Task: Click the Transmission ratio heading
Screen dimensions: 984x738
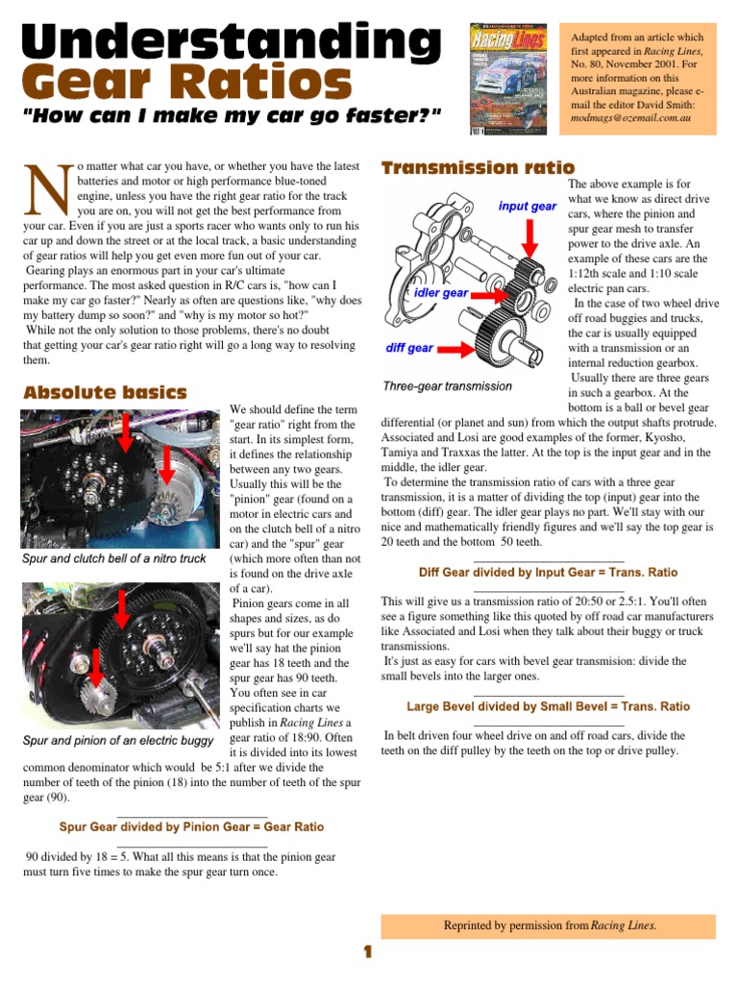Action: click(x=478, y=168)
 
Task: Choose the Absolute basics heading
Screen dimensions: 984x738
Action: click(x=105, y=392)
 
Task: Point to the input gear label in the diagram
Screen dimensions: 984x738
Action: click(x=527, y=207)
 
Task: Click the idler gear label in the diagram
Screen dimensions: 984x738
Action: click(x=441, y=292)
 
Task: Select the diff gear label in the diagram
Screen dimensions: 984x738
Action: click(x=408, y=348)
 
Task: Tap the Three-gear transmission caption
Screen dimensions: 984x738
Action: click(x=447, y=386)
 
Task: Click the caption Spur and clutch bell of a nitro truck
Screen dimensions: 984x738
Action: click(x=113, y=558)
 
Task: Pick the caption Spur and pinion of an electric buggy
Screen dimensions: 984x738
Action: click(x=117, y=740)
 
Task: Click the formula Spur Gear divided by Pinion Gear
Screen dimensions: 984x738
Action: click(x=191, y=826)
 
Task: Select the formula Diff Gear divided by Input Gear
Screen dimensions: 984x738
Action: click(x=549, y=573)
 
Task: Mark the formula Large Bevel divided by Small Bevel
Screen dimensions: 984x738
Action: click(x=548, y=706)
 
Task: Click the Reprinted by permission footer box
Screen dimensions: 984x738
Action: click(x=549, y=925)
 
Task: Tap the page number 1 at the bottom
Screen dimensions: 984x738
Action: click(x=367, y=953)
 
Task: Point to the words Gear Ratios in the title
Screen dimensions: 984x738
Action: click(x=186, y=84)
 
